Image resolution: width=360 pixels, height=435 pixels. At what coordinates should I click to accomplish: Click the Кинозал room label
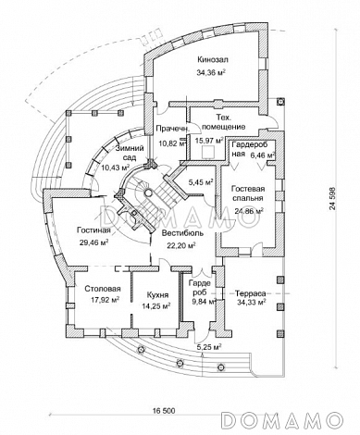click(x=213, y=59)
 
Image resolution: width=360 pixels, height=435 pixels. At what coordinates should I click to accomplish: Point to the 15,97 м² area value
click(x=209, y=141)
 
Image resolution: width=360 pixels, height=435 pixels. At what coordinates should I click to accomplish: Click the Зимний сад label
click(x=130, y=153)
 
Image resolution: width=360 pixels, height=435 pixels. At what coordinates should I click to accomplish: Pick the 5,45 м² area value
click(x=201, y=182)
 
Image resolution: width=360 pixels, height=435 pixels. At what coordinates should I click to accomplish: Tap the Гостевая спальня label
click(x=248, y=193)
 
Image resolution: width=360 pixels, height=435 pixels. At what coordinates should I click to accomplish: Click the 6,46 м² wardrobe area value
click(x=263, y=154)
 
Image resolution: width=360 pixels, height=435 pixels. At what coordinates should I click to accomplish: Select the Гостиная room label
click(x=93, y=230)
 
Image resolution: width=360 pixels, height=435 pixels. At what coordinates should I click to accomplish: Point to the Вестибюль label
click(x=183, y=233)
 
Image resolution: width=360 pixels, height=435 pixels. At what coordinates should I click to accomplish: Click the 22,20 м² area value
click(x=182, y=246)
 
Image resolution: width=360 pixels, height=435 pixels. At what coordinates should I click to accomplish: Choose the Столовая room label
click(x=103, y=289)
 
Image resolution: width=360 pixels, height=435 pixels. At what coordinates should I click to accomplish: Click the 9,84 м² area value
click(x=203, y=302)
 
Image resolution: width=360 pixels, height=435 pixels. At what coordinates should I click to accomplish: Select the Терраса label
click(x=250, y=293)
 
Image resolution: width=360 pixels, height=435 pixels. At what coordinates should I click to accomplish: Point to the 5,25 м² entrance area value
click(x=210, y=347)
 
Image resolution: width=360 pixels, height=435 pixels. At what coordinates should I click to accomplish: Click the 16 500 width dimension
click(x=164, y=411)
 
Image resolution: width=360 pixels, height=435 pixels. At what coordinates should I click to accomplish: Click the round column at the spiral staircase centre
click(x=148, y=193)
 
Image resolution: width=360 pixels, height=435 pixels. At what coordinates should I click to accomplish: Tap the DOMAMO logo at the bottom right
click(x=282, y=420)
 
